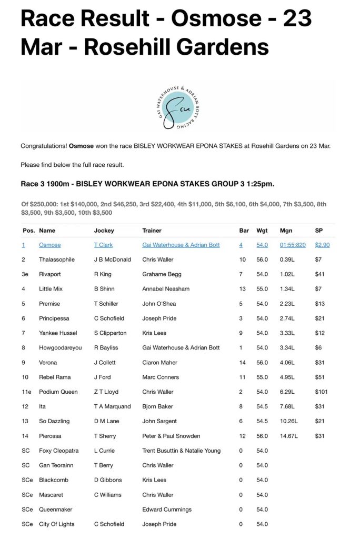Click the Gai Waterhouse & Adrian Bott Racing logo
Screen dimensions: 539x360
(177, 107)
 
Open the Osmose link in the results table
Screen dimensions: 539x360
(49, 245)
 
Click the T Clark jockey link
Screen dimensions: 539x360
(103, 245)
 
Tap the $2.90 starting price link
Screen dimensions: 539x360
(322, 245)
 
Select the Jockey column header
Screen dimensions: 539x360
(104, 231)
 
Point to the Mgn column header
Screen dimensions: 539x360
(286, 231)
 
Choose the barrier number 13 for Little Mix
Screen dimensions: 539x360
(242, 289)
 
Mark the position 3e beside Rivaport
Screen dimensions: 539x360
(25, 274)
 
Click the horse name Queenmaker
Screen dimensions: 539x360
(55, 510)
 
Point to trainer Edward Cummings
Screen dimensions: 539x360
(167, 510)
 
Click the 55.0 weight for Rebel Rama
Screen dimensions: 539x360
(262, 377)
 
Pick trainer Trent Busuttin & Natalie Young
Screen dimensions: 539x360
(182, 451)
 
